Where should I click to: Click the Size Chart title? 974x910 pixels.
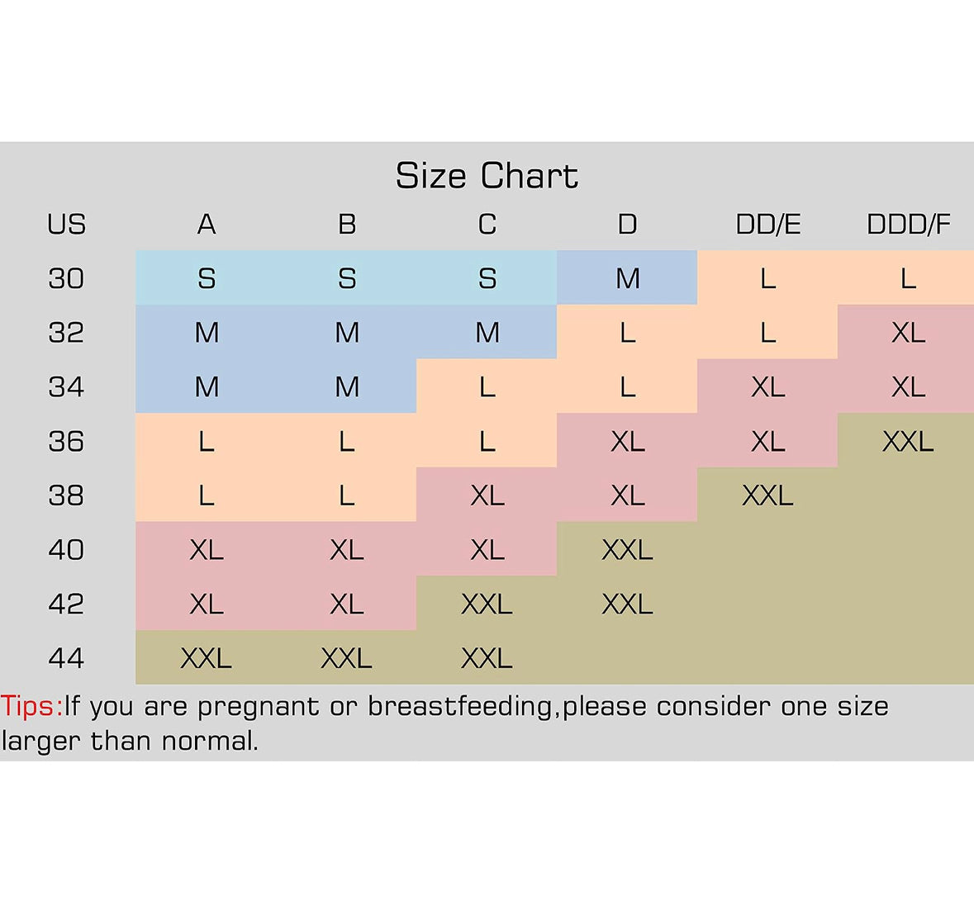pyautogui.click(x=487, y=176)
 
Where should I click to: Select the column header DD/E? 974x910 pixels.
pyautogui.click(x=767, y=225)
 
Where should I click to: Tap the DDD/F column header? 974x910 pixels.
pyautogui.click(x=908, y=225)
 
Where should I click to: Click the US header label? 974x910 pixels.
pyautogui.click(x=66, y=225)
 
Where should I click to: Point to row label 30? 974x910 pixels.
pyautogui.click(x=66, y=278)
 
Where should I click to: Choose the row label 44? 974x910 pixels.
pyautogui.click(x=66, y=658)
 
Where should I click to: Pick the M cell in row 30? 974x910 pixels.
pyautogui.click(x=627, y=278)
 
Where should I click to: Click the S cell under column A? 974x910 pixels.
pyautogui.click(x=207, y=278)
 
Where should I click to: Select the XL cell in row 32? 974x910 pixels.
pyautogui.click(x=908, y=333)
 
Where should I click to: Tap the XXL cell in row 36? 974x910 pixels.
pyautogui.click(x=908, y=442)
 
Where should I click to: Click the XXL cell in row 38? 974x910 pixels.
pyautogui.click(x=767, y=495)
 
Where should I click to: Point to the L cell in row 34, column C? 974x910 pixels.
pyautogui.click(x=487, y=387)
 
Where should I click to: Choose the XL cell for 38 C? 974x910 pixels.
pyautogui.click(x=487, y=495)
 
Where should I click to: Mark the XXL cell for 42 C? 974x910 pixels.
pyautogui.click(x=487, y=604)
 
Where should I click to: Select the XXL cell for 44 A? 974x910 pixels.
pyautogui.click(x=207, y=658)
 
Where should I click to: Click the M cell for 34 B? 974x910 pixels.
pyautogui.click(x=347, y=387)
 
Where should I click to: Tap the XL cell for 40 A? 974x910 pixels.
pyautogui.click(x=207, y=550)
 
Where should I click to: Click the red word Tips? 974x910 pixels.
pyautogui.click(x=31, y=707)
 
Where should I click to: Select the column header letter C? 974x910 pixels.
pyautogui.click(x=487, y=225)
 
